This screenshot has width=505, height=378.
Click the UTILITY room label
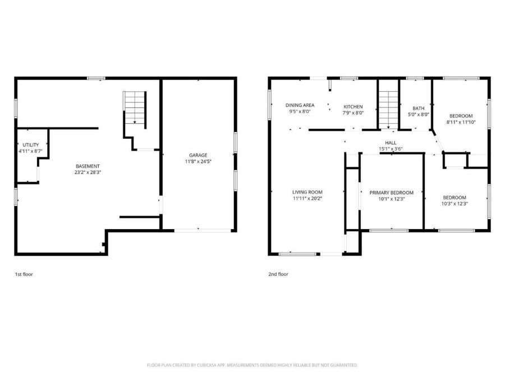[31, 145]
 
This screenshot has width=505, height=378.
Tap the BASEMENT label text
[88, 166]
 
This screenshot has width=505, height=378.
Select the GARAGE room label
[198, 155]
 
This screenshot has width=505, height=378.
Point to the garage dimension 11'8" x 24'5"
[198, 161]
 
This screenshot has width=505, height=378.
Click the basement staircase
[135, 108]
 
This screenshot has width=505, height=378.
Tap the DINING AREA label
[300, 105]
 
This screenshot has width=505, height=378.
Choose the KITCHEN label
[353, 107]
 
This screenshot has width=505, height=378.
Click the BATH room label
[419, 108]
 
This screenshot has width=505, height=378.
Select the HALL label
[391, 143]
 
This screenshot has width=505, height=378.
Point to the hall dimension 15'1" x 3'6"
[391, 149]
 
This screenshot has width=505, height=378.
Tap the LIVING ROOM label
[307, 192]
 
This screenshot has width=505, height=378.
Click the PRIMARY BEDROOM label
[391, 193]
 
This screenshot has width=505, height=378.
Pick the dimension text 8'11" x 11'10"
[461, 122]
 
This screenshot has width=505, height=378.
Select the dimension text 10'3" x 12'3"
[454, 203]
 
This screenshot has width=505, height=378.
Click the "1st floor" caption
[24, 274]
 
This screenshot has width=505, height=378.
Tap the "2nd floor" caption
[278, 274]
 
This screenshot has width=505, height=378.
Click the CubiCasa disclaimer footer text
[252, 365]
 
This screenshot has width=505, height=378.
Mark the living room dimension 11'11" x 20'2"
[307, 198]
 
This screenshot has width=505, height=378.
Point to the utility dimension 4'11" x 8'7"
[31, 151]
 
